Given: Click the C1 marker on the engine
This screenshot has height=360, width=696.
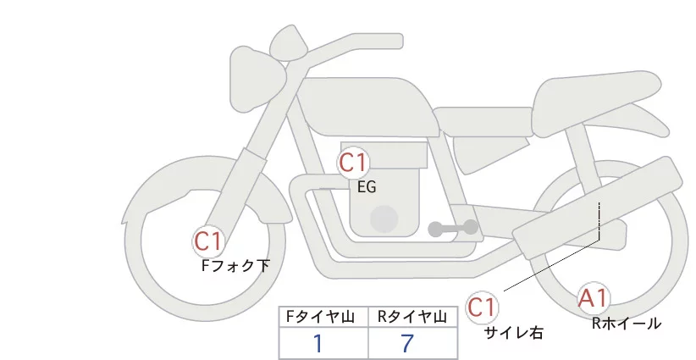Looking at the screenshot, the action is [353, 162].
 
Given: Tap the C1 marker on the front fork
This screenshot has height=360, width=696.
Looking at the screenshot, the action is [208, 242].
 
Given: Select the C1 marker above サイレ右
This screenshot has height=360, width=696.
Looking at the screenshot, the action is [483, 306].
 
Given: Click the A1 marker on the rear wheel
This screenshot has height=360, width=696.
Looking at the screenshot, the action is [594, 297].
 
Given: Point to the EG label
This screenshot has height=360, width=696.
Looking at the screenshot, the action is [367, 187].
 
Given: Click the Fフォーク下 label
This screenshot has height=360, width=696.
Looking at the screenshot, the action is [235, 265].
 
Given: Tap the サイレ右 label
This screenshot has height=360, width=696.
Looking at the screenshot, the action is [513, 332].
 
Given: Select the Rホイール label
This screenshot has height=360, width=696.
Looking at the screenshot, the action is [627, 323].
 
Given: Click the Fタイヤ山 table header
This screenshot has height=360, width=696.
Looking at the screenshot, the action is [323, 317].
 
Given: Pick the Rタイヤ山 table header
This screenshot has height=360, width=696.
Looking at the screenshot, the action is [412, 317].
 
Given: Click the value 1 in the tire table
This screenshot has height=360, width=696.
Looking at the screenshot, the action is [318, 343].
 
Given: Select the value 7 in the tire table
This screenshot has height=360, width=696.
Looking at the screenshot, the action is [409, 343].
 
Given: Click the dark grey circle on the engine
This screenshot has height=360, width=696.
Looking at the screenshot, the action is [385, 219].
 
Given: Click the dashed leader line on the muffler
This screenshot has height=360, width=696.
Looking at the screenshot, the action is [599, 220].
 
